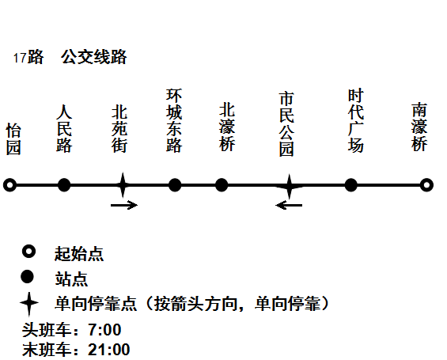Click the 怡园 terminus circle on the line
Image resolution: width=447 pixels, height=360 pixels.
tap(10, 185)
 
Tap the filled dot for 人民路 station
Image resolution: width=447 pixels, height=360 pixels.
tap(64, 185)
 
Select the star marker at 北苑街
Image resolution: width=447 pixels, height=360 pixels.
tap(123, 185)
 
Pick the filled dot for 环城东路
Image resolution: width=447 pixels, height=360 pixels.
tap(175, 185)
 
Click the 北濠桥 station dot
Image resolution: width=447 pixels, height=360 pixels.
tap(222, 185)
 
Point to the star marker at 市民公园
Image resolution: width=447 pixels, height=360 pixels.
tap(289, 186)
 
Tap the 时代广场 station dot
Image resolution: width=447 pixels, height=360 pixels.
tap(351, 185)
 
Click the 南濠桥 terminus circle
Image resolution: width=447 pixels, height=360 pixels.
tap(426, 185)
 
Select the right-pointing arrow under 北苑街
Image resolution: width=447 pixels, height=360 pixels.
tap(124, 205)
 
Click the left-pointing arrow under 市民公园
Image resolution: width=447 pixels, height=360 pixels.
tap(289, 205)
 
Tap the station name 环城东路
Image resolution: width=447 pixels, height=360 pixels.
tap(174, 120)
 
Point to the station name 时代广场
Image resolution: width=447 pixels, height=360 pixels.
tap(356, 120)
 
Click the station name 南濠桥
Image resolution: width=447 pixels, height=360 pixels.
tap(419, 127)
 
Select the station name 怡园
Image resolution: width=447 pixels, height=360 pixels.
tap(13, 138)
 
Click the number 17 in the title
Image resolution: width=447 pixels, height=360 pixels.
tap(20, 58)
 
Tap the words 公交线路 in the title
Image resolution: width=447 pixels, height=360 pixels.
tap(94, 57)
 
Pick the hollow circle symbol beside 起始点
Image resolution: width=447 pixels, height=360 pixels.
tap(28, 252)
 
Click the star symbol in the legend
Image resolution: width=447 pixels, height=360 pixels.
tap(29, 303)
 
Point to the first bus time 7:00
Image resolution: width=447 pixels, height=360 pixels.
tap(104, 329)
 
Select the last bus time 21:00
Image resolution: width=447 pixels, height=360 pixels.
tap(109, 350)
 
